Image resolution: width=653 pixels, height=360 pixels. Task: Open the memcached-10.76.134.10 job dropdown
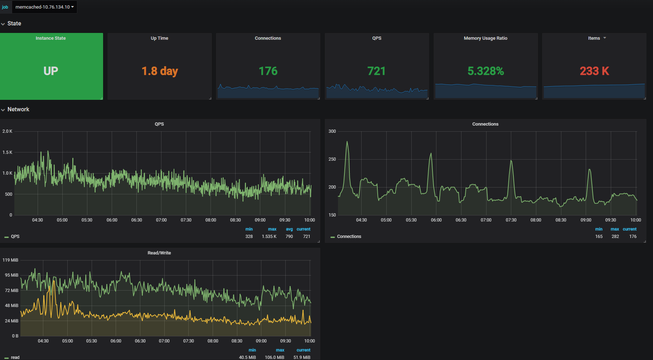tap(44, 7)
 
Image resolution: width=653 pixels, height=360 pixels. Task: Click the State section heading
tap(14, 24)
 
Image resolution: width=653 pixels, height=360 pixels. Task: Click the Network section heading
tap(18, 110)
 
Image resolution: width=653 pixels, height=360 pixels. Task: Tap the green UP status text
tap(51, 71)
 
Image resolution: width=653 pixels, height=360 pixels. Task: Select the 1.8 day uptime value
tap(160, 71)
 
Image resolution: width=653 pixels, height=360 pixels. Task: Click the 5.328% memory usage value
tap(485, 71)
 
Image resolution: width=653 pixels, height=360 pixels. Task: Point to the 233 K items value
tap(594, 71)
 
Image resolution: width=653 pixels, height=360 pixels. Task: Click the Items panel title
tap(594, 38)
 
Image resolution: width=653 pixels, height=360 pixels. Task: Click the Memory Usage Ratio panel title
tap(485, 38)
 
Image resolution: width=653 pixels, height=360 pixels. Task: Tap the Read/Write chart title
tap(159, 253)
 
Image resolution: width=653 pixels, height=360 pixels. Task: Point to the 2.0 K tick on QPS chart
tap(8, 131)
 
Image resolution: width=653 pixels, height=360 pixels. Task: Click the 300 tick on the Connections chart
tap(332, 131)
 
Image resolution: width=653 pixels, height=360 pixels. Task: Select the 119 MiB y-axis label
tap(10, 260)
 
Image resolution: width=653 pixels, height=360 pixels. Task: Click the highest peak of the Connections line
tap(347, 142)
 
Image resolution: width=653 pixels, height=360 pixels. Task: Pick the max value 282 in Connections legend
tap(615, 237)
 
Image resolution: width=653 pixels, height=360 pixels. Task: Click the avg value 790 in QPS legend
tap(289, 237)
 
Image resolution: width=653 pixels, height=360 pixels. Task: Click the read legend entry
tap(15, 357)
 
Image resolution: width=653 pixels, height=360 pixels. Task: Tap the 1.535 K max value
tap(269, 237)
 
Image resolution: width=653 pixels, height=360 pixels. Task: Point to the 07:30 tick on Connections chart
tap(511, 220)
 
